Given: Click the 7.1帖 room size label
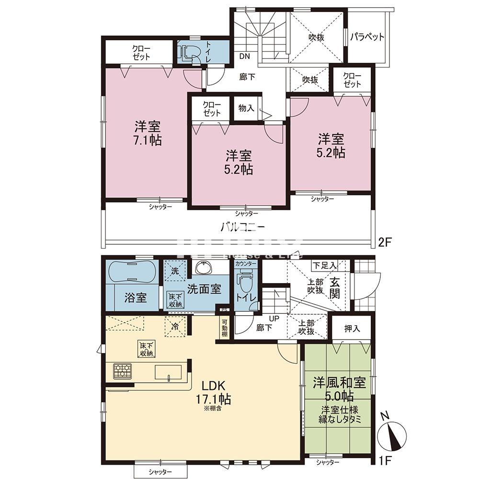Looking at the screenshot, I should click(148, 140).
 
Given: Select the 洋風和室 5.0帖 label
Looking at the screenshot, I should click(340, 389).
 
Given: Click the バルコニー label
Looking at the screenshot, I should click(243, 227).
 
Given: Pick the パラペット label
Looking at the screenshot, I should click(367, 37).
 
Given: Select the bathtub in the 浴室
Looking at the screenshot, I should click(131, 273).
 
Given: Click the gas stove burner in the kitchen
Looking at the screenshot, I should click(123, 371).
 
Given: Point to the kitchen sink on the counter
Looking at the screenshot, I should click(168, 372).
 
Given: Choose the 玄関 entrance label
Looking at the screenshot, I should click(335, 286).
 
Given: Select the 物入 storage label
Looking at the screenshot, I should click(246, 108).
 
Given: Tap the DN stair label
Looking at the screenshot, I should click(245, 56).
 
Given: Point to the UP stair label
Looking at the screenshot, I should click(274, 318).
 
